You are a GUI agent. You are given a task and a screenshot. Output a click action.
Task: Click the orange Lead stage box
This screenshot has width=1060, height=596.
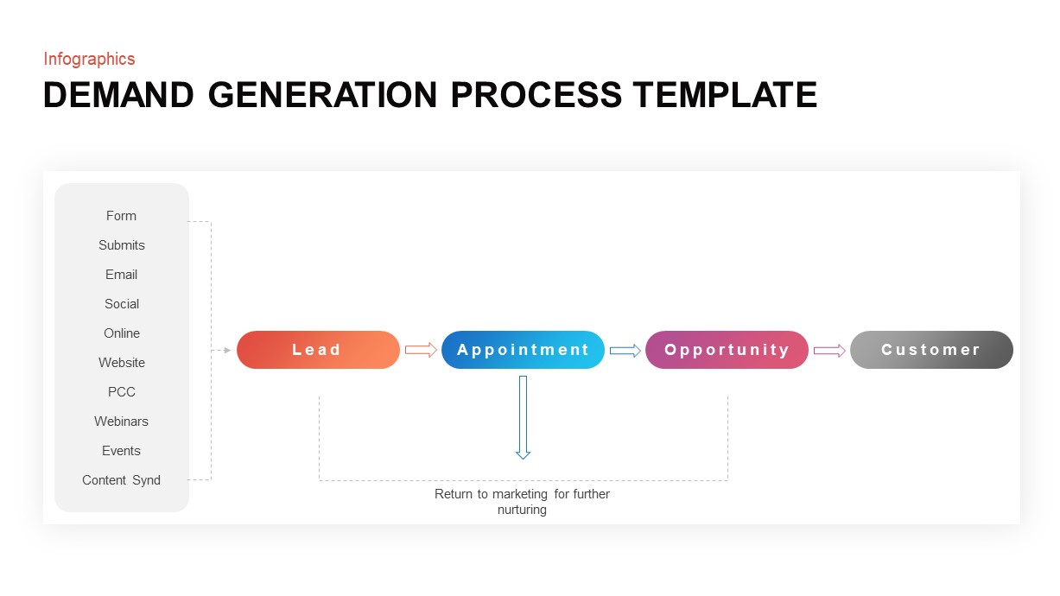click(x=318, y=350)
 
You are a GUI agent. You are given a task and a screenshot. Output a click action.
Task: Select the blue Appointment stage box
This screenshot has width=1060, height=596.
click(x=523, y=350)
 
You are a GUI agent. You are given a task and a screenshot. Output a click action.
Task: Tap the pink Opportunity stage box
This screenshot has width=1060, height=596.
click(x=727, y=350)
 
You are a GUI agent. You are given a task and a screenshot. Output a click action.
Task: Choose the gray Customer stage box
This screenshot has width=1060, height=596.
click(x=931, y=350)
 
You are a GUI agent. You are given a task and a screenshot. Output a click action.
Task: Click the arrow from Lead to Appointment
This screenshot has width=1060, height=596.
click(x=421, y=350)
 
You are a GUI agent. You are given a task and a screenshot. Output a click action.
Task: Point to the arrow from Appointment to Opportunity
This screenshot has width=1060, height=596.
click(x=625, y=350)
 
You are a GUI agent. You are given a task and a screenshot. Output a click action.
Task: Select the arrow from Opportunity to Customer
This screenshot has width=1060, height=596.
click(x=829, y=350)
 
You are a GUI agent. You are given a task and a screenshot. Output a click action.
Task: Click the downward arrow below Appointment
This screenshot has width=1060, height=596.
click(x=523, y=416)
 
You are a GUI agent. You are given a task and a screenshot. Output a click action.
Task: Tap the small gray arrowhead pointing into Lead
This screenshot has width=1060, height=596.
click(x=226, y=350)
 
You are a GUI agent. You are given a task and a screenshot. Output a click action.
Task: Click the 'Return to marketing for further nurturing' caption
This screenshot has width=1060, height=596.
click(x=522, y=502)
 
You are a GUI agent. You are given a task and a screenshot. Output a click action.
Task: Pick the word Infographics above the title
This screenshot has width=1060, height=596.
click(x=89, y=59)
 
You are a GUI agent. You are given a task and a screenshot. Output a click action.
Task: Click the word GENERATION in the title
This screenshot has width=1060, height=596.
click(x=324, y=95)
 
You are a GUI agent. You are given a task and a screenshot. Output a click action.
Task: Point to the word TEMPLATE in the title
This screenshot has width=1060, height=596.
click(x=724, y=95)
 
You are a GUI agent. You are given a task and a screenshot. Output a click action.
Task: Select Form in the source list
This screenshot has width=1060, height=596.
click(x=121, y=216)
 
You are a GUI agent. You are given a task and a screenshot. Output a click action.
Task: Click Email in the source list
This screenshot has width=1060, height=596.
click(x=121, y=275)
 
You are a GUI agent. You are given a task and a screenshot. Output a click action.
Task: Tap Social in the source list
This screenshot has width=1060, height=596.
click(x=121, y=304)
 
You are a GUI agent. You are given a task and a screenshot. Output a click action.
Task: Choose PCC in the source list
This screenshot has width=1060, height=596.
click(x=121, y=392)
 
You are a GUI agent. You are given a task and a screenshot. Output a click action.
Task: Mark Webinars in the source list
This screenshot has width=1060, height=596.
click(x=121, y=422)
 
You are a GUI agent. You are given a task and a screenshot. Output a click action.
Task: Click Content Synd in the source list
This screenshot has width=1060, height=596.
click(x=121, y=480)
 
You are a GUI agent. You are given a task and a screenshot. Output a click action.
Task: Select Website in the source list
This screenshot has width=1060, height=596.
click(x=121, y=363)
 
